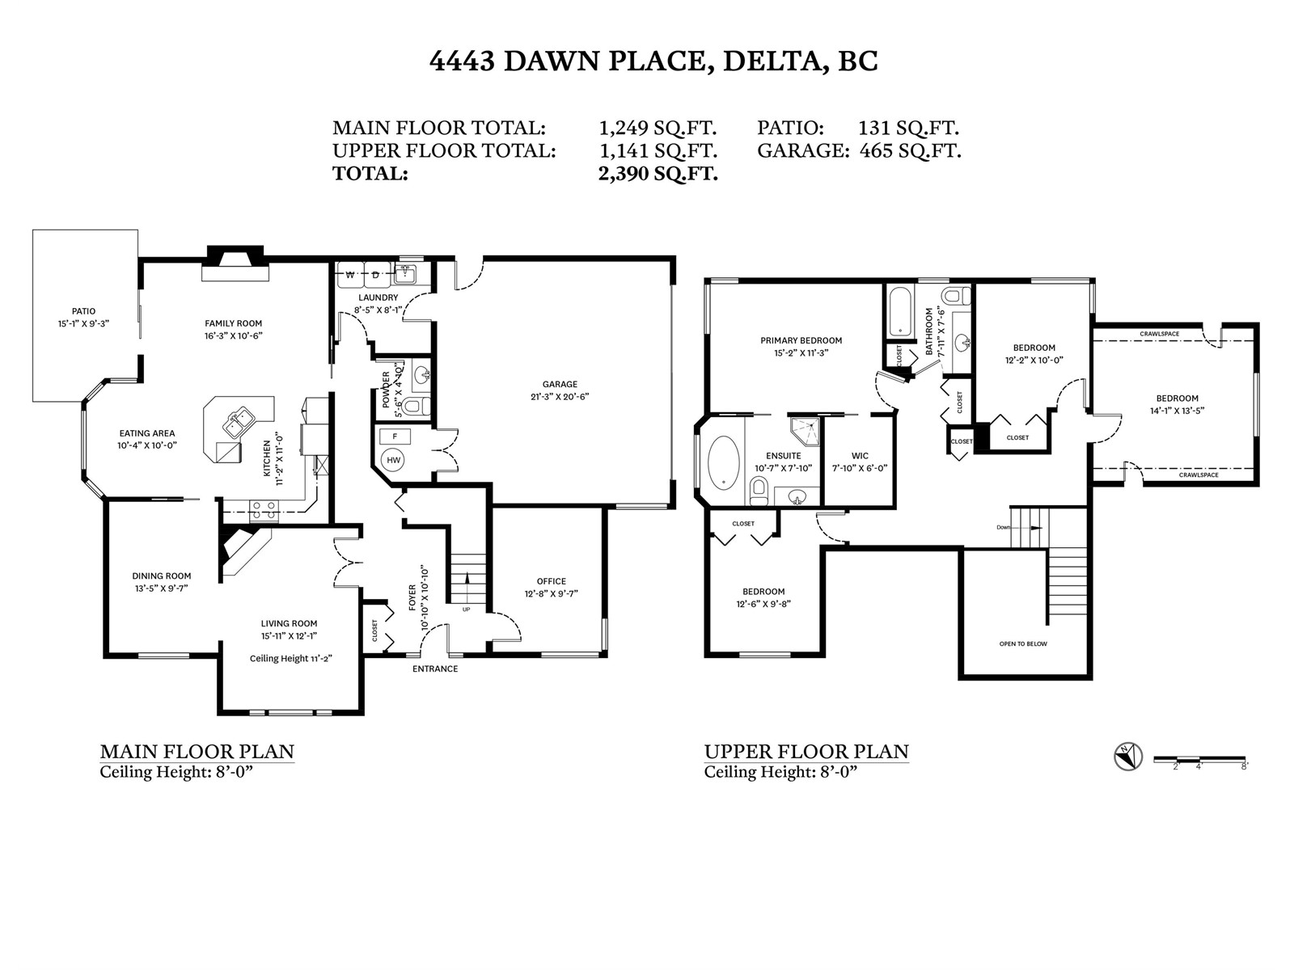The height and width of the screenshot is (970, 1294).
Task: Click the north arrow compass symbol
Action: click(1127, 757)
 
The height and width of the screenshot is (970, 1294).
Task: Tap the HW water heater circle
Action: click(393, 460)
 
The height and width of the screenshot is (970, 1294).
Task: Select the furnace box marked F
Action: click(395, 436)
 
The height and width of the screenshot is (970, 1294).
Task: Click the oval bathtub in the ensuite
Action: click(723, 462)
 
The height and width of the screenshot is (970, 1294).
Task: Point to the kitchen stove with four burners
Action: click(264, 510)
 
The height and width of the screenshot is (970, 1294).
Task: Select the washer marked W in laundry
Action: click(350, 275)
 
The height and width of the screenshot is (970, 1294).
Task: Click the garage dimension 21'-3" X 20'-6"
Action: click(560, 397)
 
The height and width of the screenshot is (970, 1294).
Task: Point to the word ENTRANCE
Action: click(435, 668)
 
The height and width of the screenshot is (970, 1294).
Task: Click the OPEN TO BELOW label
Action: click(1023, 643)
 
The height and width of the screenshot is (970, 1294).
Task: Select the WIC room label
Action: click(860, 456)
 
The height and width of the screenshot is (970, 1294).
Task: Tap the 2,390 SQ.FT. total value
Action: click(658, 174)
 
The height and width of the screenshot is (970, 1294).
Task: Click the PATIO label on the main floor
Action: click(84, 311)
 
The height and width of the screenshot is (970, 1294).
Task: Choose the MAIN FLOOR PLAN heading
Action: click(197, 752)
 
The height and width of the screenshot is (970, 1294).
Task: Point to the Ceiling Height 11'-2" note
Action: click(290, 659)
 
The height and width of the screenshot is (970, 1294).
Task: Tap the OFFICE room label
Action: click(552, 581)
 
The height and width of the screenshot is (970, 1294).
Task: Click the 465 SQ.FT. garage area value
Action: click(910, 151)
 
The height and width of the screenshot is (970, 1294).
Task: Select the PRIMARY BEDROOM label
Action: click(801, 340)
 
